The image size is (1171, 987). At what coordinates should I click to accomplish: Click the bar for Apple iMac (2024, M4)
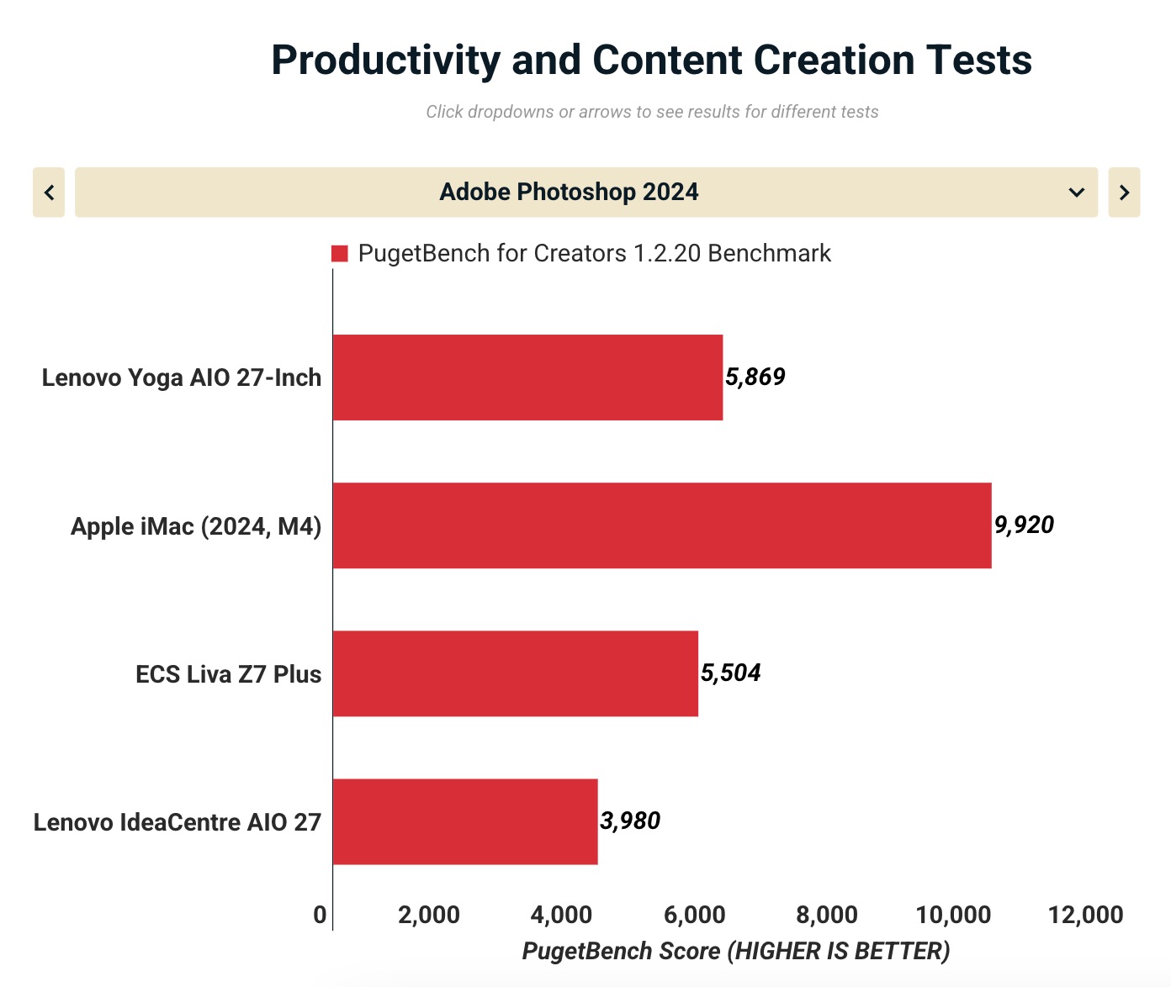tap(661, 525)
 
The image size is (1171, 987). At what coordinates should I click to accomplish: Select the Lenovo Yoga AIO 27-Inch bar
tap(527, 377)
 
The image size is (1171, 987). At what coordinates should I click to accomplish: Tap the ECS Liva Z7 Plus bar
tap(515, 673)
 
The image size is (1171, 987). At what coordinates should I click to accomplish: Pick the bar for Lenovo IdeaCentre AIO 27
tap(465, 821)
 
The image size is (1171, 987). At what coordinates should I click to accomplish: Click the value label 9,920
tap(1024, 525)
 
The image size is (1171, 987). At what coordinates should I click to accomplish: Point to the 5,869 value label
tap(755, 377)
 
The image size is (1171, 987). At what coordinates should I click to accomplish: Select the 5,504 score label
tap(731, 673)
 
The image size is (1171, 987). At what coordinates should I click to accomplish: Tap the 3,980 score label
tap(630, 821)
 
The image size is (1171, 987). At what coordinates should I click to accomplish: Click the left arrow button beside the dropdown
tap(49, 193)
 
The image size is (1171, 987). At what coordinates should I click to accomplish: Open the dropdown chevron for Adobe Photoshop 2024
tap(1076, 193)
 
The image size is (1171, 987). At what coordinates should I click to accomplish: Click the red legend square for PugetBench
tap(340, 254)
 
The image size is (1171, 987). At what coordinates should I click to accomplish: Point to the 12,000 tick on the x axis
tap(1085, 915)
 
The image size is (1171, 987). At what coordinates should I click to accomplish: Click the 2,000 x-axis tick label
tap(429, 915)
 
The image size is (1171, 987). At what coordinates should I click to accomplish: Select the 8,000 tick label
tap(827, 915)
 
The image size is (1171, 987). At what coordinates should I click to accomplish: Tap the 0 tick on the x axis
tap(320, 915)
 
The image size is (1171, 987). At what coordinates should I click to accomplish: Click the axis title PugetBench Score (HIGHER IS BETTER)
tap(736, 951)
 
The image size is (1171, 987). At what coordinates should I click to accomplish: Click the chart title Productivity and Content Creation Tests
tap(651, 61)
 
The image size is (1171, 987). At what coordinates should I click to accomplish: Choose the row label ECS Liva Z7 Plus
tap(228, 674)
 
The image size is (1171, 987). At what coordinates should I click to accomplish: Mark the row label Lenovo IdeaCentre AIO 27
tap(178, 822)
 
